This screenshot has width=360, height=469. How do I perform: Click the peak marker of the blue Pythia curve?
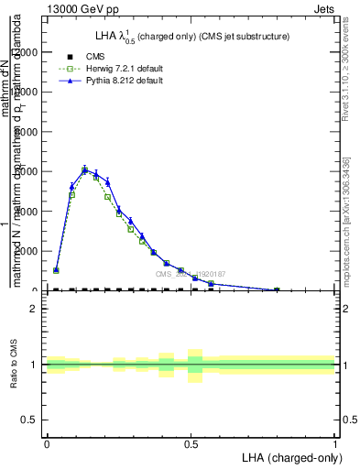pos(84,170)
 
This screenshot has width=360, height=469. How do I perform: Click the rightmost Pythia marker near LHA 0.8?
pos(277,290)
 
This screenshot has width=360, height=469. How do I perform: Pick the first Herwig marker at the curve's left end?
pos(56,270)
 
